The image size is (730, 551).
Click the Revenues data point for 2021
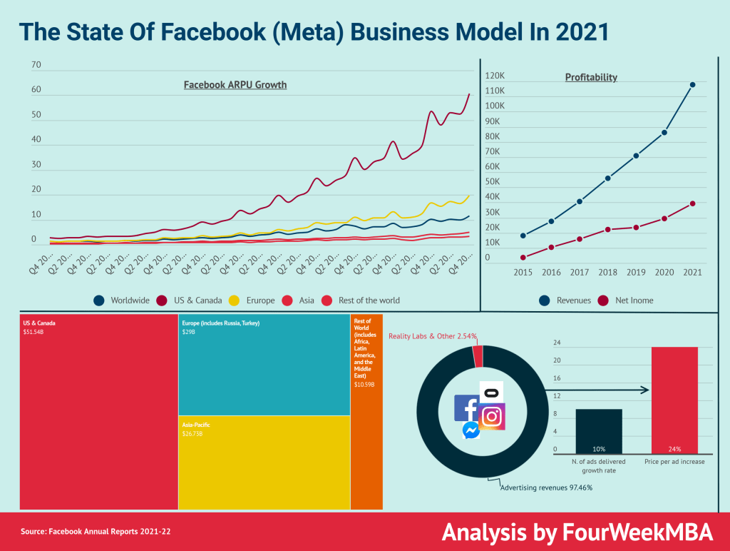[x=692, y=84]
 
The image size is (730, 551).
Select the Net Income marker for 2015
[x=523, y=258]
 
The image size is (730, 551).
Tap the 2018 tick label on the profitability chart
[x=607, y=273]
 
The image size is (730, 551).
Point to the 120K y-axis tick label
[x=495, y=76]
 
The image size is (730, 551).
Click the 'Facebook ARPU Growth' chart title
[x=235, y=85]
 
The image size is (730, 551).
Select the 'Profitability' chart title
[x=591, y=77]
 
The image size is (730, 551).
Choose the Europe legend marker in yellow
[x=233, y=300]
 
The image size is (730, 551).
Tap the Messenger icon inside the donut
[x=471, y=430]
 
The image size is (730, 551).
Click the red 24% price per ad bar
[x=674, y=400]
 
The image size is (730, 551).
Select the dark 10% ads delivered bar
[x=599, y=431]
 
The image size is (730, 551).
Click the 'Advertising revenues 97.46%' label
[x=545, y=487]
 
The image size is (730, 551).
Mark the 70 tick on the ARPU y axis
[x=37, y=66]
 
